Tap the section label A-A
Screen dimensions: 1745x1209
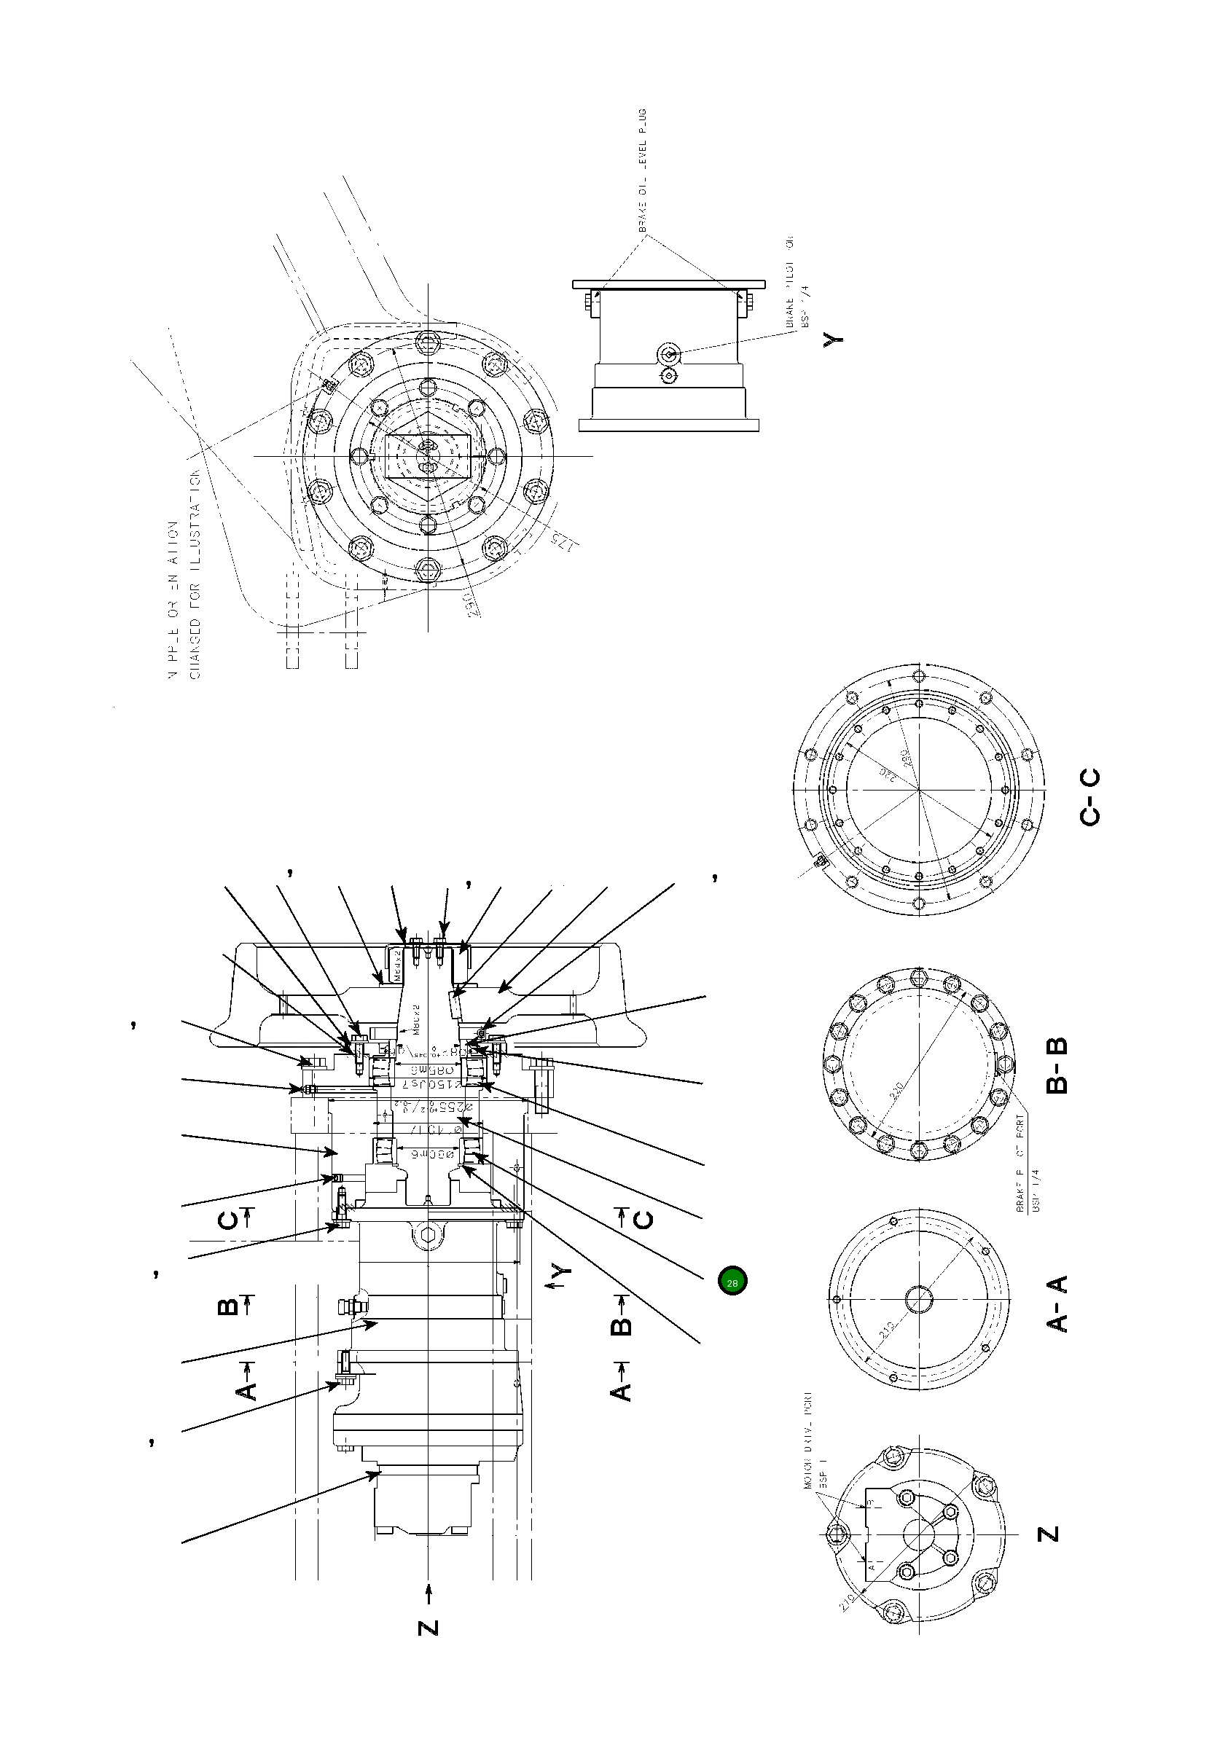(x=1057, y=1303)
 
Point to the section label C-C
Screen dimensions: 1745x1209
(x=1089, y=797)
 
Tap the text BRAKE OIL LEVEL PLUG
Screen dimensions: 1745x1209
(x=642, y=171)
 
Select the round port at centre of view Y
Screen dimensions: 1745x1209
(x=668, y=353)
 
